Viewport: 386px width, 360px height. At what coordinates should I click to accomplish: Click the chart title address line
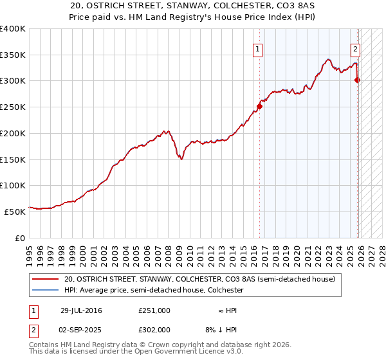192,6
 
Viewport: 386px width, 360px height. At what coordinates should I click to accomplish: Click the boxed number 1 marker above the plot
257,48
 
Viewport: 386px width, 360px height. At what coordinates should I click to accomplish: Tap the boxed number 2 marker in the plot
354,48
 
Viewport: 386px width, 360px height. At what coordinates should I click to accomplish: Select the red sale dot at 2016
260,107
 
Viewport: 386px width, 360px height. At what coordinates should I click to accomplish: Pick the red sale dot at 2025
358,80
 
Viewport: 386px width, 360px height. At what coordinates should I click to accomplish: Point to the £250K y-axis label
13,107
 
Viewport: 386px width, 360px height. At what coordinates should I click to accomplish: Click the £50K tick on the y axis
15,211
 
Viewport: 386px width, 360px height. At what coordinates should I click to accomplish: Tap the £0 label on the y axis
20,238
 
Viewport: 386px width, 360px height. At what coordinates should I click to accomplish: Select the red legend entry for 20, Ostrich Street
199,280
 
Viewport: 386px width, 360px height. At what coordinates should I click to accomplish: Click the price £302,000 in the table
154,329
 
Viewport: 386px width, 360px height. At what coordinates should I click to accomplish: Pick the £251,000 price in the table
154,310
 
